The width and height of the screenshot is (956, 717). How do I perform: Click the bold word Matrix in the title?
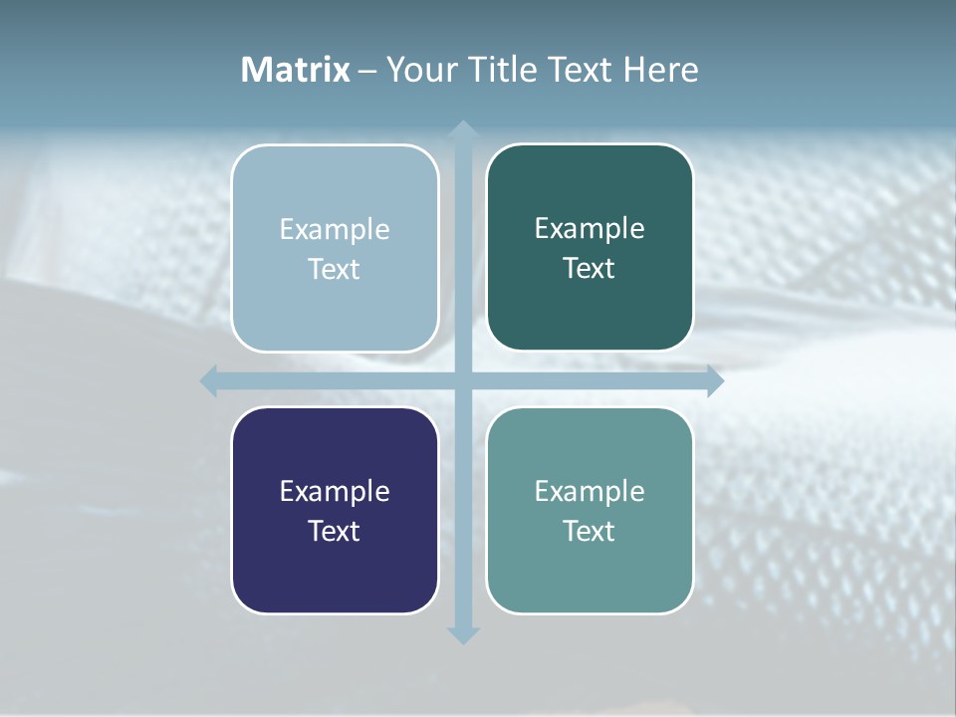(295, 70)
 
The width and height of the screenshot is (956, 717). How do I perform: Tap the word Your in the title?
(419, 70)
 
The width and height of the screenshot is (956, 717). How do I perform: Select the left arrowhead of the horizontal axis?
(209, 380)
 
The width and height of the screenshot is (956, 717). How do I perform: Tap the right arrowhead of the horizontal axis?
(714, 380)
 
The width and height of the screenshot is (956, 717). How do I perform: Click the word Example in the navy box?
(335, 491)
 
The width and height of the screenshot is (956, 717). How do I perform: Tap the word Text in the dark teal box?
(590, 268)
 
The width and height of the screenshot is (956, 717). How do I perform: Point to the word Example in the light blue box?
(335, 229)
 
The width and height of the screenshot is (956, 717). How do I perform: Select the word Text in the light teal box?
(590, 531)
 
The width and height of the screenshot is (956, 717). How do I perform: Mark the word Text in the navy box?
(335, 531)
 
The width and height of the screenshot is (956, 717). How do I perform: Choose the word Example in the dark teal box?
(590, 228)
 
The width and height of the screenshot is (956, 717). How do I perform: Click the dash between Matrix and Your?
(367, 71)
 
